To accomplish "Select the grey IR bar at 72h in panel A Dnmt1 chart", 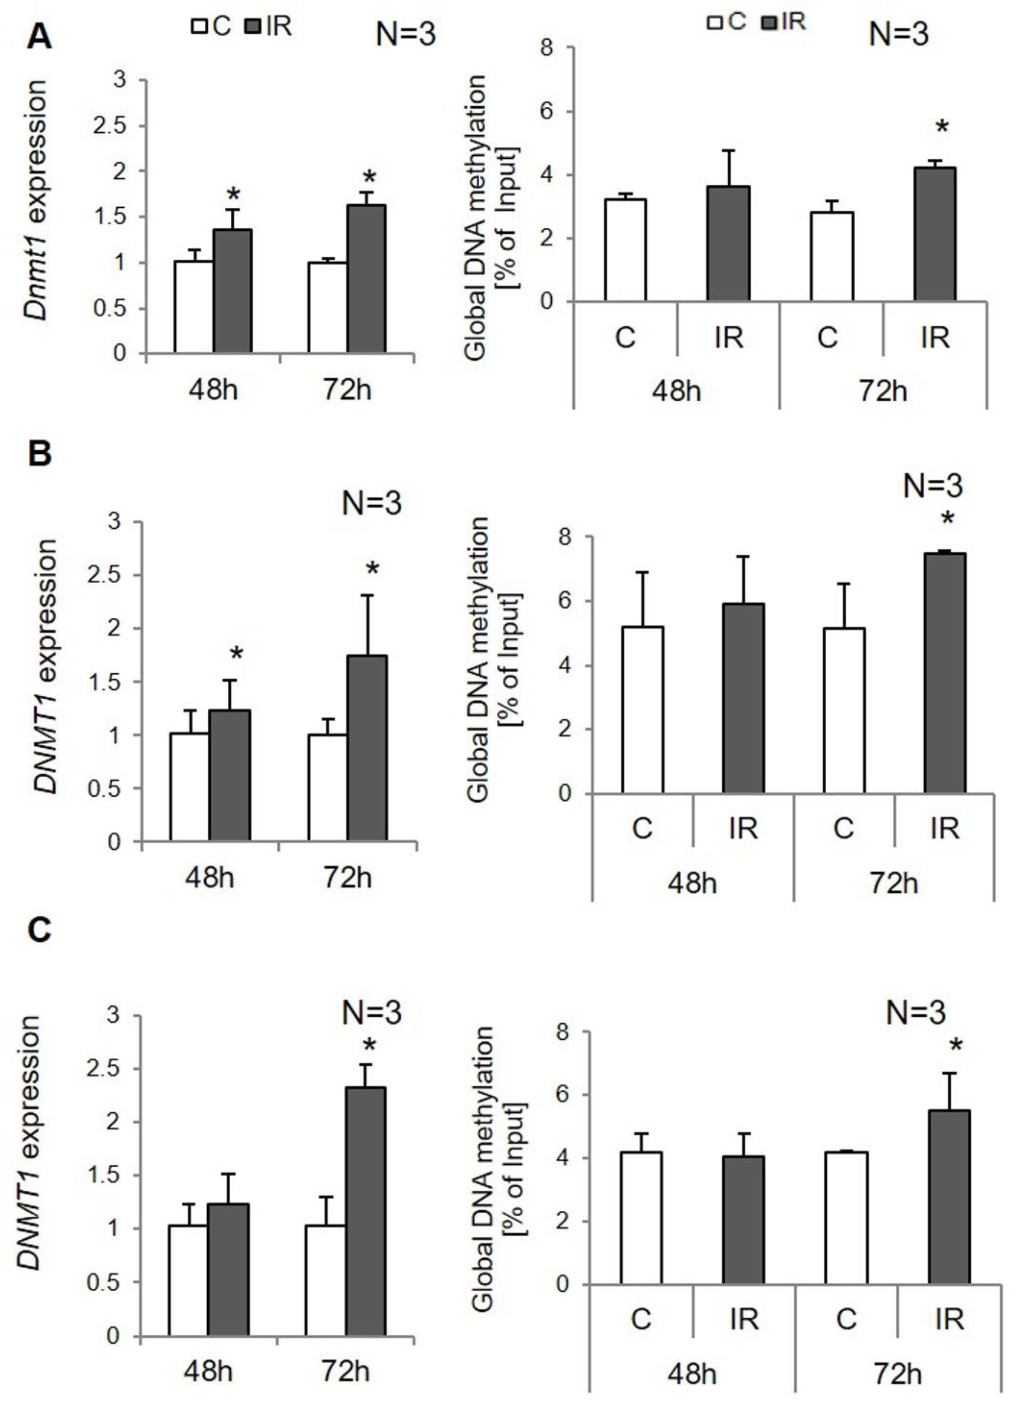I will click(366, 279).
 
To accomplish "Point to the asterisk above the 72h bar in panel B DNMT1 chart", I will click(372, 568).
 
